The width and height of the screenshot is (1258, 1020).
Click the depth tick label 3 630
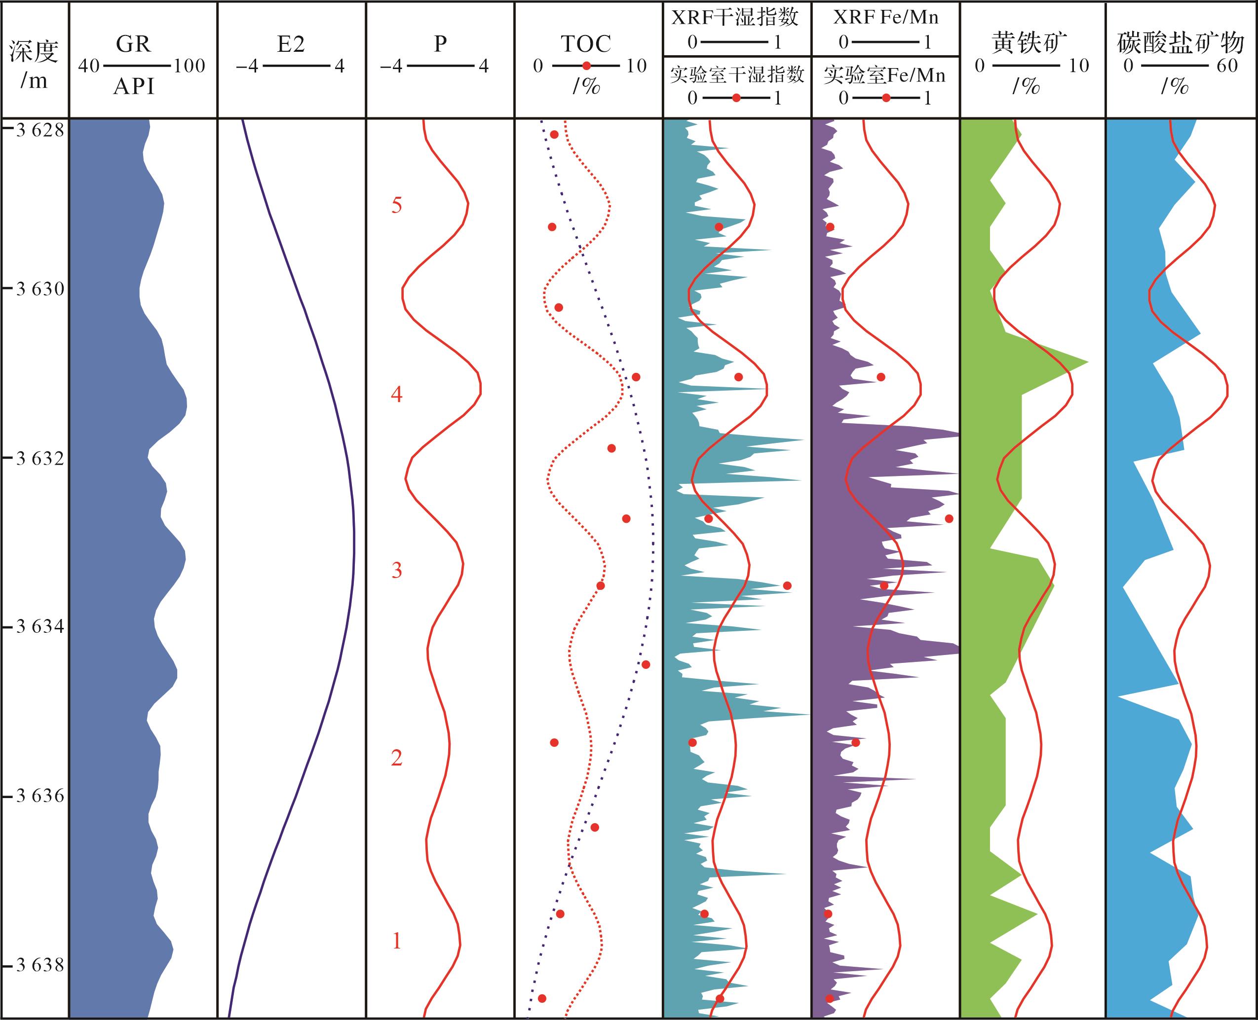click(x=39, y=290)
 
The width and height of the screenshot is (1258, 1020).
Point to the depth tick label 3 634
click(x=39, y=627)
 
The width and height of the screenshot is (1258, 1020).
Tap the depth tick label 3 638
click(x=39, y=965)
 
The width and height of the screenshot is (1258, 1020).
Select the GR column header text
click(x=133, y=44)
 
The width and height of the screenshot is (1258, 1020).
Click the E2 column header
click(x=291, y=44)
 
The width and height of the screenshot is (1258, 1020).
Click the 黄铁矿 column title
click(x=1029, y=43)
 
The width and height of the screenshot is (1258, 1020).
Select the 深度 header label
click(x=34, y=52)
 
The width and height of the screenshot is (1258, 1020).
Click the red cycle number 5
click(x=397, y=206)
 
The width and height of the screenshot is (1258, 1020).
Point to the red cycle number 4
click(x=397, y=394)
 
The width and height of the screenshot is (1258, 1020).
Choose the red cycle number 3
click(x=397, y=570)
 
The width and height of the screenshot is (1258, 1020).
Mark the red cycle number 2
click(x=397, y=758)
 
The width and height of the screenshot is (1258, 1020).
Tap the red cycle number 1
click(x=397, y=941)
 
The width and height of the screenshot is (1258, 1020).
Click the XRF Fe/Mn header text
click(x=885, y=17)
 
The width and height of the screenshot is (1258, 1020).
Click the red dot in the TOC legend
click(x=586, y=66)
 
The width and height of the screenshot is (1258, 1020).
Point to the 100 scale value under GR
click(x=190, y=66)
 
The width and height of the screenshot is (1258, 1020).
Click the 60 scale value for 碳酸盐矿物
click(x=1227, y=66)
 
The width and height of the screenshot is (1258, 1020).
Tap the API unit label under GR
click(x=133, y=87)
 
